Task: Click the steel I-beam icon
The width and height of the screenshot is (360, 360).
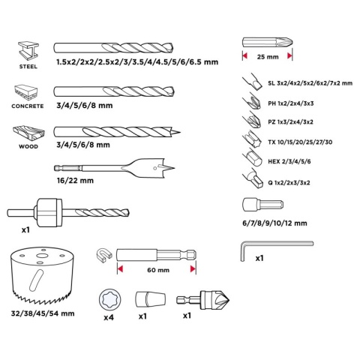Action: (28, 51)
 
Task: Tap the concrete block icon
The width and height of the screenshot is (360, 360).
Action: (26, 92)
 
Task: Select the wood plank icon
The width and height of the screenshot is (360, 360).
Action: (28, 133)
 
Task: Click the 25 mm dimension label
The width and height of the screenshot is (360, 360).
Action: (268, 57)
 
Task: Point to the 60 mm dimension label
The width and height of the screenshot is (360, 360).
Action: (158, 270)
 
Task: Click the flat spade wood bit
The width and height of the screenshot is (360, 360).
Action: (115, 168)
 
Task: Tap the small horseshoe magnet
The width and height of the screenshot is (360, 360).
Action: (103, 255)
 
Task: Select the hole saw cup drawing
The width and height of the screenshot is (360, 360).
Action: (43, 275)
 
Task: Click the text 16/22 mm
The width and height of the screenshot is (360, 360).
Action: (75, 181)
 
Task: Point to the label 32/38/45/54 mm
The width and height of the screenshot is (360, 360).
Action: (43, 313)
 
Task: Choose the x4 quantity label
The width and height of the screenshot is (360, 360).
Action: (109, 317)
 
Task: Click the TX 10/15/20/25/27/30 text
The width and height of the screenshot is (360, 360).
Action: (300, 142)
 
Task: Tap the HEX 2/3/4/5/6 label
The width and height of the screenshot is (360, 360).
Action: (289, 161)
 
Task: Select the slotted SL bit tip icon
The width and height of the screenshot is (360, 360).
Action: (252, 82)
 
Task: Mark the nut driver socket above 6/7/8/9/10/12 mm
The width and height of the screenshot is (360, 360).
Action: (262, 205)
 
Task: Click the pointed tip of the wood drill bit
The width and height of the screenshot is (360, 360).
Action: (180, 132)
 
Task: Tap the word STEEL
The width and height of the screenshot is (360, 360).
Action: (28, 67)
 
